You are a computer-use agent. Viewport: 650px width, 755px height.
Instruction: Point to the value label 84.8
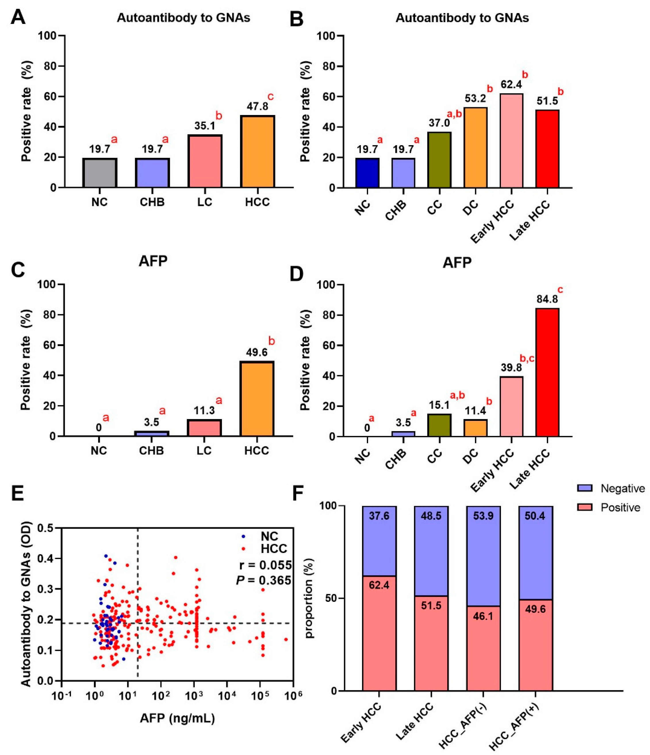pyautogui.click(x=547, y=299)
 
